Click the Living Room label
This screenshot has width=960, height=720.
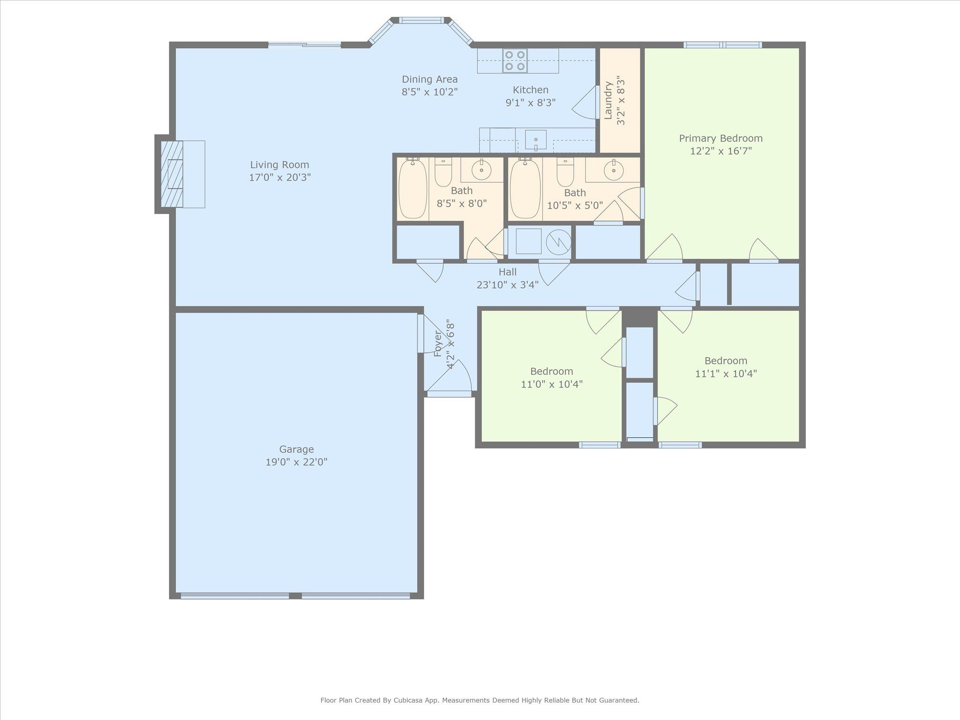pyautogui.click(x=279, y=165)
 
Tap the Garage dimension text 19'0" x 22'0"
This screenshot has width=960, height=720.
pyautogui.click(x=296, y=462)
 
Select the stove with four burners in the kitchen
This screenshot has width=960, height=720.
pyautogui.click(x=515, y=61)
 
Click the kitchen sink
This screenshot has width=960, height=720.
pyautogui.click(x=535, y=140)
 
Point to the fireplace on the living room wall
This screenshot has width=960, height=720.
pyautogui.click(x=171, y=174)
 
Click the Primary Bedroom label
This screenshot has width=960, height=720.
pyautogui.click(x=721, y=139)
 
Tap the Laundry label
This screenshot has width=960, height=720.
pyautogui.click(x=608, y=100)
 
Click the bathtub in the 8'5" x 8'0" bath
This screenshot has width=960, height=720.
pyautogui.click(x=413, y=188)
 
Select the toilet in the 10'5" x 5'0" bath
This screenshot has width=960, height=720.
pyautogui.click(x=565, y=172)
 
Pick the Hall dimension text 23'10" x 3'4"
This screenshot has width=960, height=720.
pyautogui.click(x=508, y=285)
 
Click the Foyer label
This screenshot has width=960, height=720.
pyautogui.click(x=438, y=344)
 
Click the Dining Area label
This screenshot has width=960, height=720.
pyautogui.click(x=430, y=80)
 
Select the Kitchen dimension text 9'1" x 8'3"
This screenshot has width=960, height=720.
pyautogui.click(x=531, y=103)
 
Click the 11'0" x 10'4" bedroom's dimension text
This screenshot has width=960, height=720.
pyautogui.click(x=552, y=384)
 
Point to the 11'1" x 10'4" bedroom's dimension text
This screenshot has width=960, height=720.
pyautogui.click(x=726, y=374)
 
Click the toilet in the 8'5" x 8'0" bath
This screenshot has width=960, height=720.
pyautogui.click(x=443, y=172)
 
